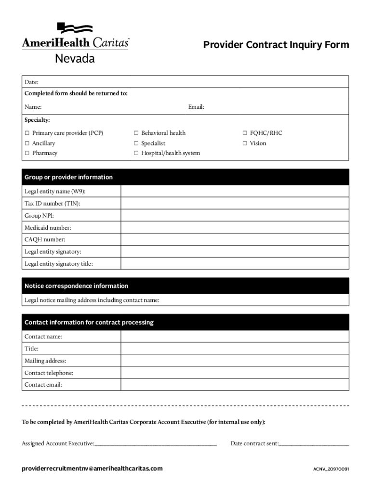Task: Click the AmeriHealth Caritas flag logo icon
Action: (x=75, y=28)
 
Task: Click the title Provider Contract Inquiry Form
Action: (x=276, y=45)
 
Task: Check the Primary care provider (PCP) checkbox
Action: (x=27, y=133)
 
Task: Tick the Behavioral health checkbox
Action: (x=136, y=133)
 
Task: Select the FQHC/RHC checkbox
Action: (x=245, y=133)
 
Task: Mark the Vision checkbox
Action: (x=245, y=143)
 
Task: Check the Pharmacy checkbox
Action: (x=27, y=154)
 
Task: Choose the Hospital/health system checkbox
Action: (x=136, y=154)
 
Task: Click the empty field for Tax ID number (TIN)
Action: (x=235, y=204)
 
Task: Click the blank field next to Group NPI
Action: (x=235, y=216)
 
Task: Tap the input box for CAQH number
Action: (x=235, y=240)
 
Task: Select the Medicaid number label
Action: (x=48, y=228)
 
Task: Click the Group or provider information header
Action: (x=68, y=177)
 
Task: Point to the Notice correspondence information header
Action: (x=76, y=286)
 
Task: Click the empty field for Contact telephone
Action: (x=235, y=373)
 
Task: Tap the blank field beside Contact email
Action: (x=235, y=385)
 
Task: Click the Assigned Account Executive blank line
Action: (x=156, y=444)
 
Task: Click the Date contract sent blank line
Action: (x=314, y=444)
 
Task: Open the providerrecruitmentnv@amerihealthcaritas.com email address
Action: (x=92, y=468)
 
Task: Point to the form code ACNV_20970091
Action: (x=331, y=469)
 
